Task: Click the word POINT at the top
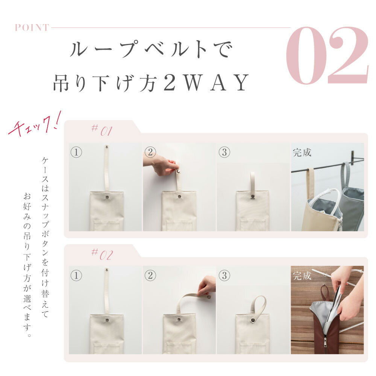pos(32,27)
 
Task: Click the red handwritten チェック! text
pos(35,125)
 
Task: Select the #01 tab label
pos(102,130)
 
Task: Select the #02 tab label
pos(102,254)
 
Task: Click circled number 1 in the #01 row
pos(76,152)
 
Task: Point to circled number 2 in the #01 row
pos(150,152)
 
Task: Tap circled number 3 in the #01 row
pos(224,152)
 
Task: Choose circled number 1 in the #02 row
pos(76,276)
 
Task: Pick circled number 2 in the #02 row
pos(150,276)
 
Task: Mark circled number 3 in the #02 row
pos(224,276)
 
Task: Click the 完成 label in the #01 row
pos(302,153)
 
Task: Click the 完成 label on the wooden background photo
pos(302,276)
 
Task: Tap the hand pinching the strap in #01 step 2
pos(161,165)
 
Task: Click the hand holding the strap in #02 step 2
pos(206,286)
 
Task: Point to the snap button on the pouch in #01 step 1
pos(107,197)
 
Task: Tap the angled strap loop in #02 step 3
pos(258,305)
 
